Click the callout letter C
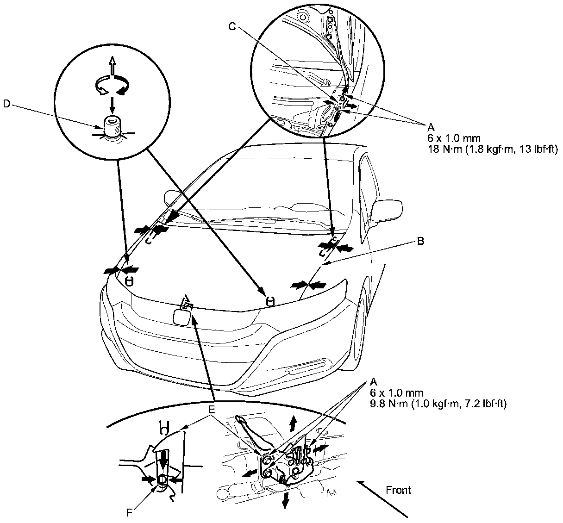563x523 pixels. pos(233,26)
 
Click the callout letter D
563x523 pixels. pos(6,104)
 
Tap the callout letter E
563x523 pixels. pos(212,410)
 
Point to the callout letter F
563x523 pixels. pos(130,512)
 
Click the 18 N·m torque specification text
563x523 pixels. pos(492,149)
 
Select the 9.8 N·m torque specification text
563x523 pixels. pos(438,404)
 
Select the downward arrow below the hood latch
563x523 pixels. pos(286,499)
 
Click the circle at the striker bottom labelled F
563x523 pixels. pos(162,480)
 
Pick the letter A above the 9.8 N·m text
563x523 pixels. pos(374,382)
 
